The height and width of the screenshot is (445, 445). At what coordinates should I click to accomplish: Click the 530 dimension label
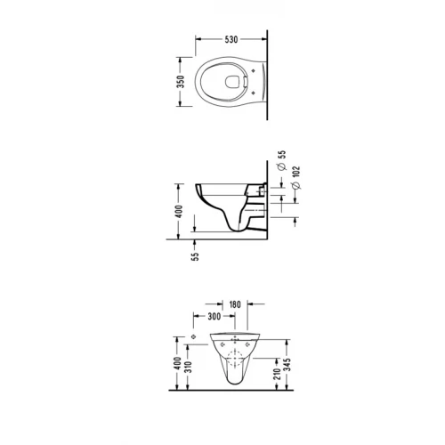(x=231, y=39)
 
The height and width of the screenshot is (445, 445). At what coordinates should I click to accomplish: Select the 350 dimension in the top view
(x=180, y=82)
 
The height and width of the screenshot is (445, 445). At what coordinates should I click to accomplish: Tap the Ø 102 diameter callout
(x=296, y=177)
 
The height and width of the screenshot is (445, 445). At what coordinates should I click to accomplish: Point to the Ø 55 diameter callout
(x=282, y=160)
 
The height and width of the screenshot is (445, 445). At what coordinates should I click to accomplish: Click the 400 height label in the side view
(x=179, y=211)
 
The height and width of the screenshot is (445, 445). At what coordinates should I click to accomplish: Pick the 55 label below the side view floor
(x=195, y=256)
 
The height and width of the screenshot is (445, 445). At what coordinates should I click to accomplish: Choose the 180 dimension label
(x=235, y=304)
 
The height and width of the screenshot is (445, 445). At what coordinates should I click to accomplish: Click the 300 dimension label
(x=214, y=316)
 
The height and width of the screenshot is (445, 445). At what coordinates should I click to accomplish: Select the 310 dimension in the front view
(x=188, y=367)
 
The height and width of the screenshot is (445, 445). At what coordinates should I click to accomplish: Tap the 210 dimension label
(x=277, y=374)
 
